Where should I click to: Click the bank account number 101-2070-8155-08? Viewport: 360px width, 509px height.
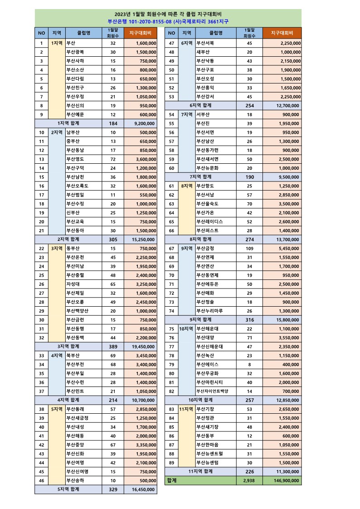152,21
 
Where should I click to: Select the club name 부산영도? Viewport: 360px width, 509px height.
75,159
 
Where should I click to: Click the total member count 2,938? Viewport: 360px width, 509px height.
249,480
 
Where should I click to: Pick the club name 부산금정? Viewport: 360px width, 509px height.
205,248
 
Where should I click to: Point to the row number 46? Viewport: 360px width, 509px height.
41,480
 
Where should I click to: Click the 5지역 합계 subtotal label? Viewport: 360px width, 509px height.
68,489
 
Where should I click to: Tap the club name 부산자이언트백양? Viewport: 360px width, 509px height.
212,391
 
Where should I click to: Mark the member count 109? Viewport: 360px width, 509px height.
249,248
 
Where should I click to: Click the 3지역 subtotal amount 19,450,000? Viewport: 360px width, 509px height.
143,346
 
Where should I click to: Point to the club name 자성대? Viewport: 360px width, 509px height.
73,284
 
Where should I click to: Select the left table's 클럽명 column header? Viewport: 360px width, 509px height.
83,33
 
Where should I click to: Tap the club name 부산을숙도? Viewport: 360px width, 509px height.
207,204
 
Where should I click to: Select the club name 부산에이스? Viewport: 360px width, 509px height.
207,364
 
